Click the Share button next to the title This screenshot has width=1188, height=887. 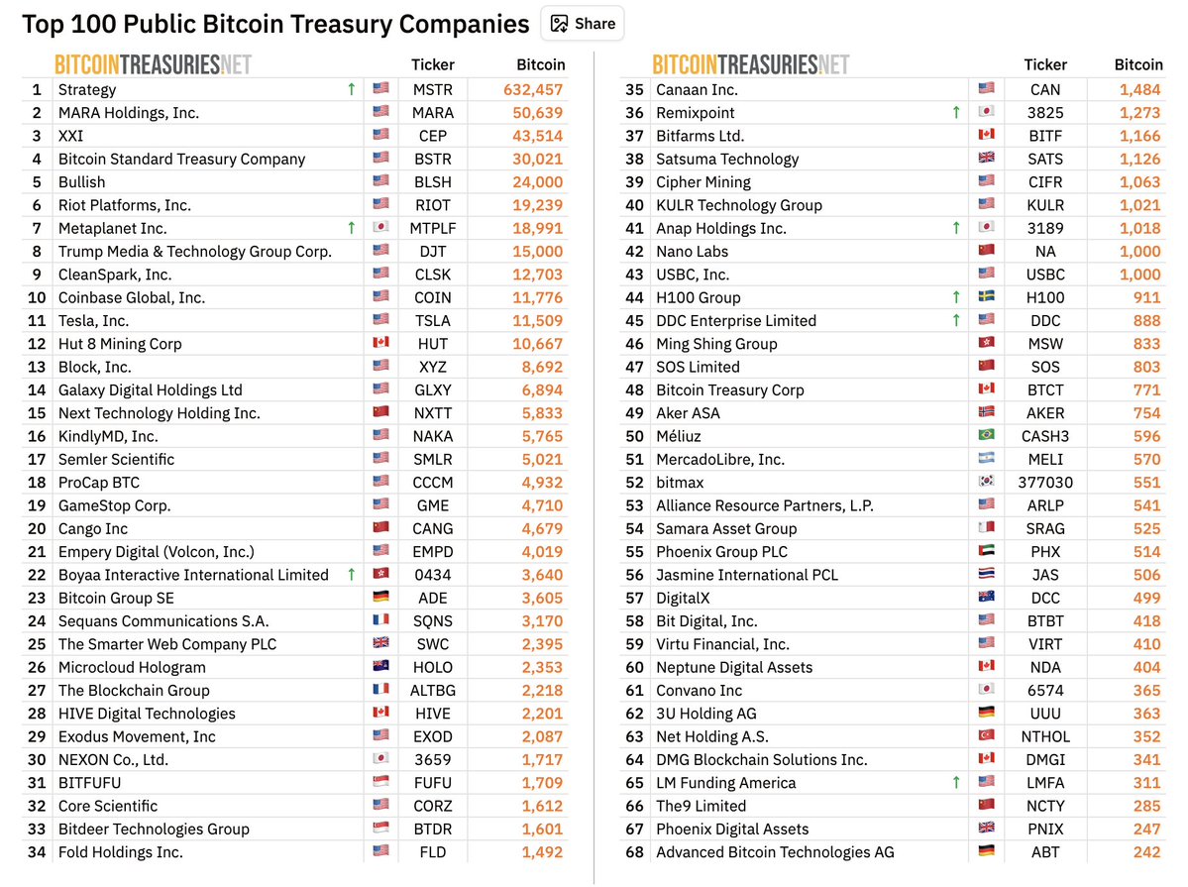coord(583,23)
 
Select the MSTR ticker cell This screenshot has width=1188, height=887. coord(433,89)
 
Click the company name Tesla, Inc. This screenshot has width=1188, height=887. coord(93,320)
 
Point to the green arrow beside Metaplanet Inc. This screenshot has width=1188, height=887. coord(351,228)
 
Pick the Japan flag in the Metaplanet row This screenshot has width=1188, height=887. coord(380,228)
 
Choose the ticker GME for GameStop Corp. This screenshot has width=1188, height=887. coord(433,505)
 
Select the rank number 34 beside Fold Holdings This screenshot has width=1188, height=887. coord(37,852)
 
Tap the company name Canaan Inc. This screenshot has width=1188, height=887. coord(697,89)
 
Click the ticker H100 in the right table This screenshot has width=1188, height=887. coord(1045,297)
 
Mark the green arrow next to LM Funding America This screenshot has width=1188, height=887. coord(955,783)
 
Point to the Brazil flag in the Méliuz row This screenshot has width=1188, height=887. coord(985,436)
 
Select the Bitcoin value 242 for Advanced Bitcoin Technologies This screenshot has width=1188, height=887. coord(1146,852)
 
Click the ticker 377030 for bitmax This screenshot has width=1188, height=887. coord(1045,483)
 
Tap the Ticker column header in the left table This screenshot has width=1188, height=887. coord(433,64)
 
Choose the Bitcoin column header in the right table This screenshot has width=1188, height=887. coord(1138,64)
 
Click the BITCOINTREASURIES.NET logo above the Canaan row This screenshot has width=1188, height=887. coord(750,65)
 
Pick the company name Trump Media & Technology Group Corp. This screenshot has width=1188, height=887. coord(194,251)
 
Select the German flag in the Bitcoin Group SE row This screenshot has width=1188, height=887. coord(380,598)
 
